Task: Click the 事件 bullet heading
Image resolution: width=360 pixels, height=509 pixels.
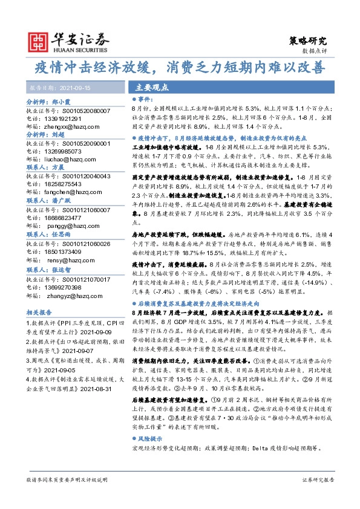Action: (145, 98)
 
